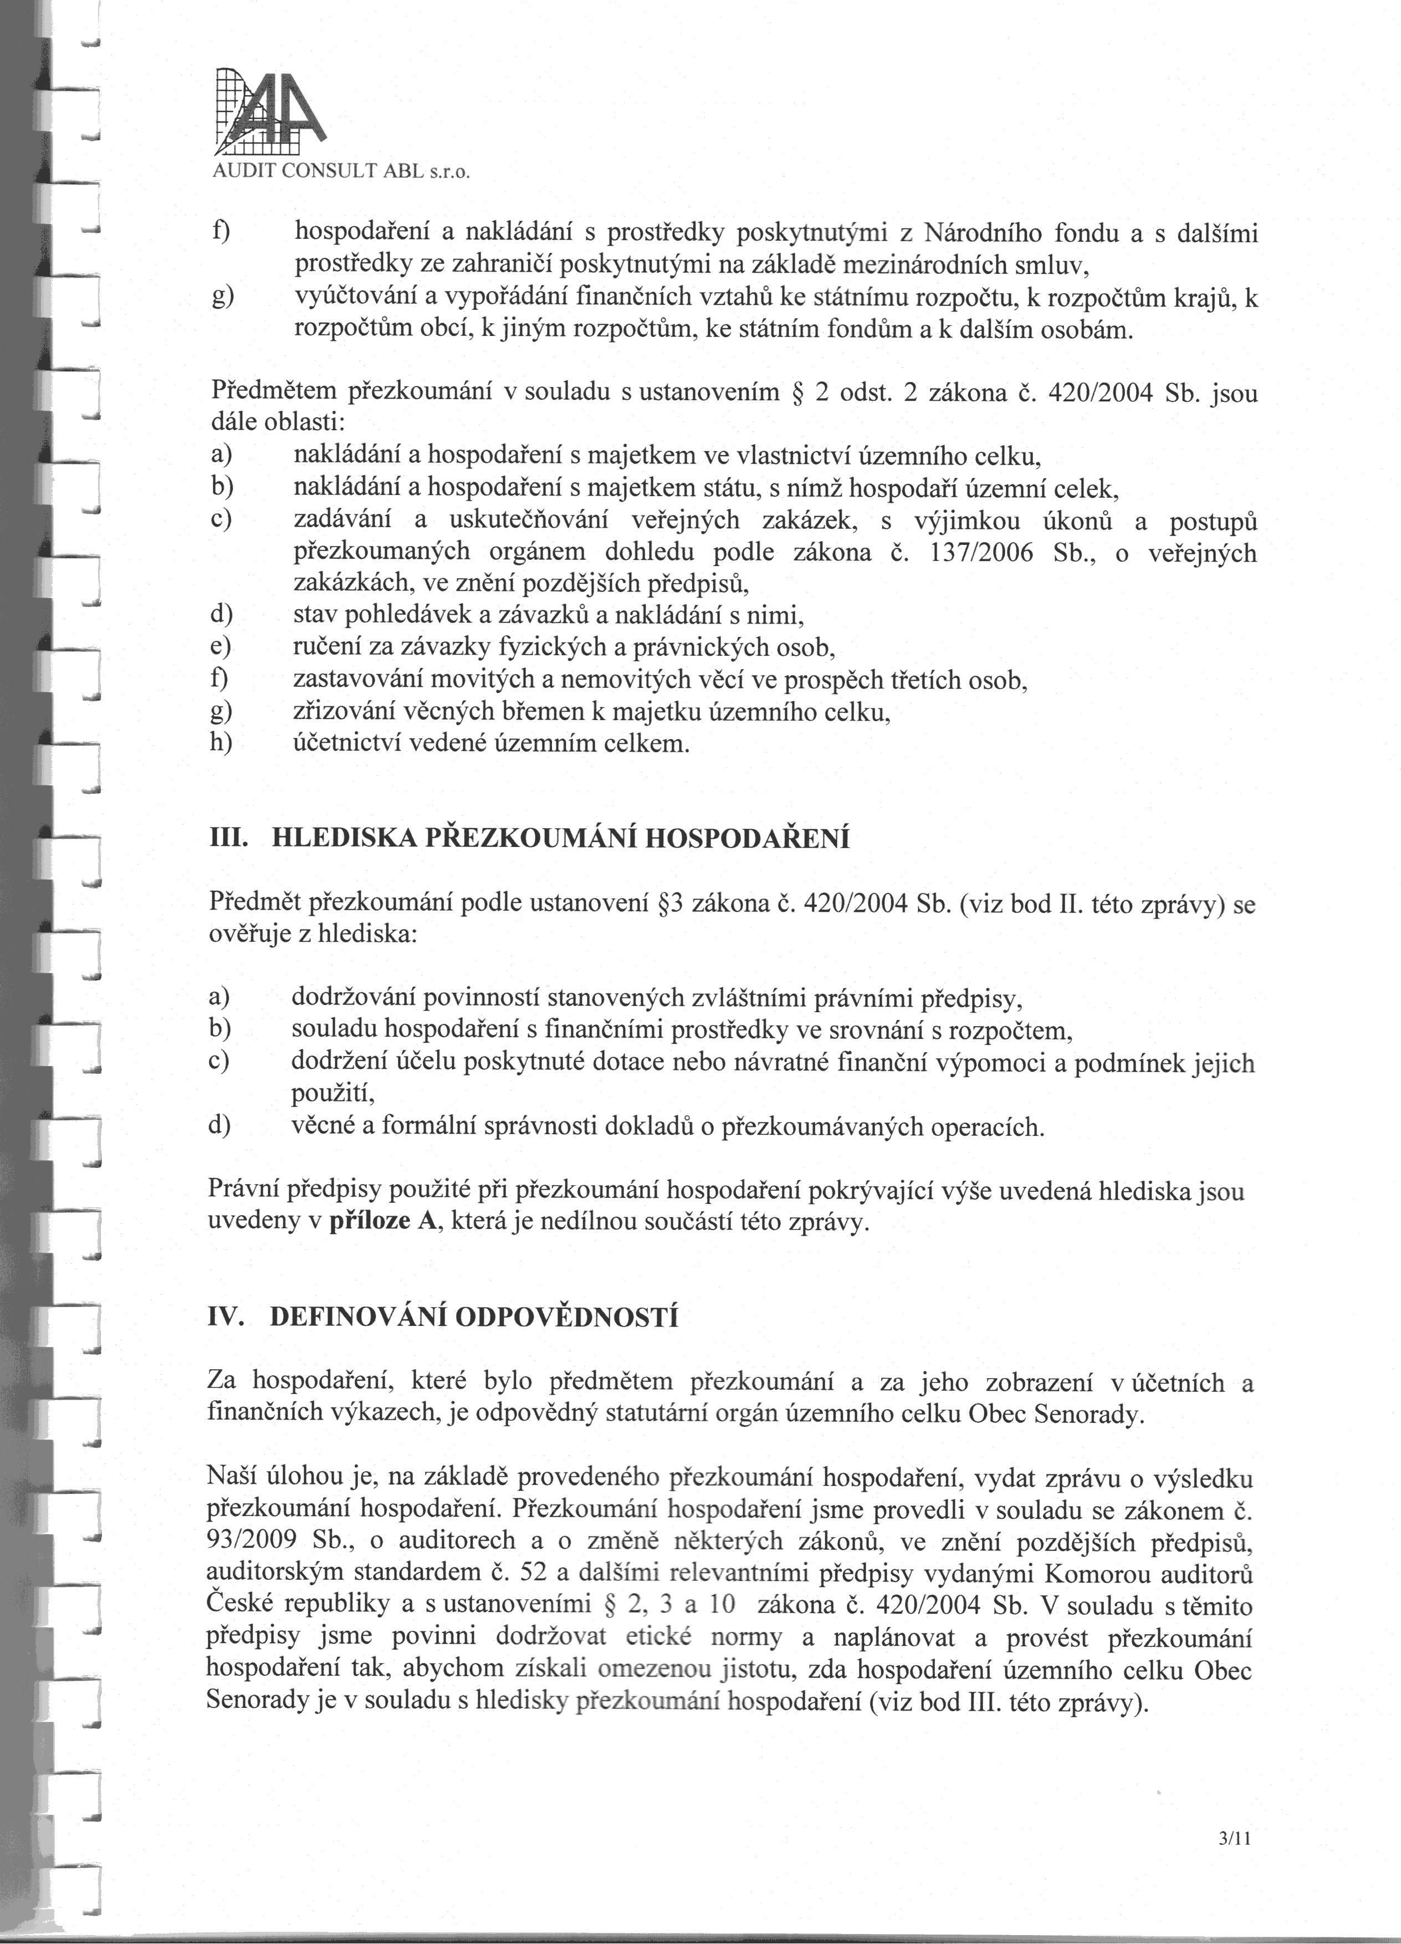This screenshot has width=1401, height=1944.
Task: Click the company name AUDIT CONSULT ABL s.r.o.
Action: [x=341, y=171]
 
